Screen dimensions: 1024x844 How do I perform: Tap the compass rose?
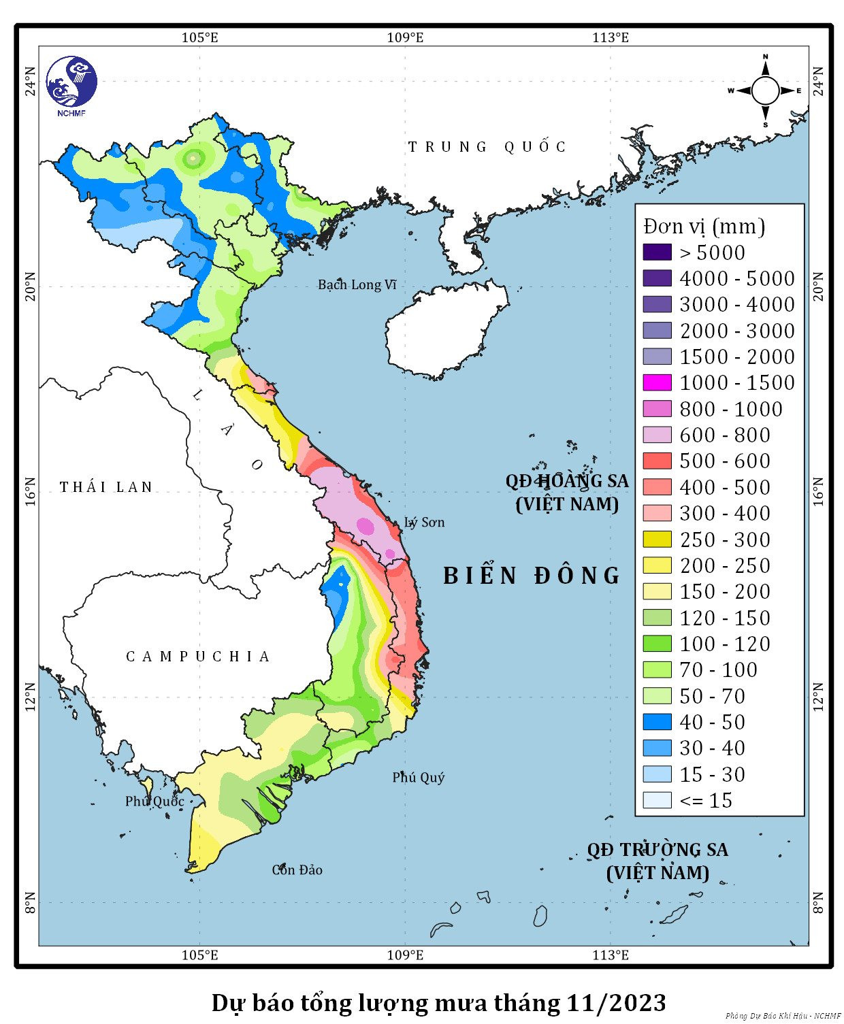(765, 90)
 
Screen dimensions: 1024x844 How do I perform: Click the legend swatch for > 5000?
(657, 252)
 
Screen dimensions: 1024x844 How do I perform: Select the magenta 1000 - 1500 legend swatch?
(657, 382)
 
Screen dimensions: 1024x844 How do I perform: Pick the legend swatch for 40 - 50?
(657, 722)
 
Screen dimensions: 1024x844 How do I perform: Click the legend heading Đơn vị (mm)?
(704, 226)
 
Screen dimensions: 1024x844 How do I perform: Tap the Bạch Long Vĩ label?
(357, 284)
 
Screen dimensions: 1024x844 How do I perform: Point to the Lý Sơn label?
(424, 522)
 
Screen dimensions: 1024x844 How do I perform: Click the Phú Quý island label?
(418, 777)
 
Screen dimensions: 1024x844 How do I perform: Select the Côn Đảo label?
(297, 870)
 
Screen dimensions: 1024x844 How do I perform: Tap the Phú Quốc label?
(155, 801)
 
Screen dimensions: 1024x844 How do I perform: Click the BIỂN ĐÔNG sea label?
(531, 576)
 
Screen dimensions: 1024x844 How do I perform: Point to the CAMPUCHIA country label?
(198, 657)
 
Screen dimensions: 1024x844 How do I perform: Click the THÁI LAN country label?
(106, 487)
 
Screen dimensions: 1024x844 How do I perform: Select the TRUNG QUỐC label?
(487, 147)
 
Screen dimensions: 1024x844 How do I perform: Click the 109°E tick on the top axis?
(405, 37)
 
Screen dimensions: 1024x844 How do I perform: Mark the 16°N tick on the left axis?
(30, 491)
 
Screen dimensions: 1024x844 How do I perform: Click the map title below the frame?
(438, 1002)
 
